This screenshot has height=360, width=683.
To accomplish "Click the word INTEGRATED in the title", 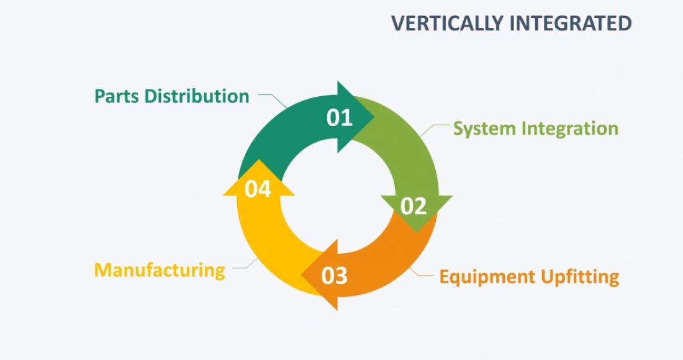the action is click(x=571, y=23).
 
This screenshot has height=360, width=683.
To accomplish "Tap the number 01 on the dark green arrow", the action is click(x=339, y=117).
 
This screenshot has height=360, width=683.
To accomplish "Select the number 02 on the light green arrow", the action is click(x=414, y=206).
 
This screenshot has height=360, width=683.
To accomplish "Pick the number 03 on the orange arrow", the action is click(x=335, y=276).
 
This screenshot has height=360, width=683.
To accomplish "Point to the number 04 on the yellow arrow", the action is click(x=258, y=189).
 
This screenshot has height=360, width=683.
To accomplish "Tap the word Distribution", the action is click(x=197, y=96).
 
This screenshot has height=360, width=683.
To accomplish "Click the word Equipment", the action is click(x=487, y=277).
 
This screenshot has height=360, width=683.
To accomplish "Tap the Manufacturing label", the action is click(x=160, y=271).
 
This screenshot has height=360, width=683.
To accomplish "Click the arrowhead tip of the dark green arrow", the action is click(x=374, y=117).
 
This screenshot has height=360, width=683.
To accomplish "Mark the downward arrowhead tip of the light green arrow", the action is click(x=417, y=232).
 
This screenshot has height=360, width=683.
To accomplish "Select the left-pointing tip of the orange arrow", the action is click(x=301, y=275).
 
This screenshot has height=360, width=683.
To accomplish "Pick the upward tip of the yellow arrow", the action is click(x=259, y=160).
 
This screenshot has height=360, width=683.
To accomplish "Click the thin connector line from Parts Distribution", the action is click(x=273, y=98).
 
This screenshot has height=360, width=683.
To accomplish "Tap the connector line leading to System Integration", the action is click(x=433, y=129).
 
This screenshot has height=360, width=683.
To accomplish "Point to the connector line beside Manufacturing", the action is click(x=246, y=264).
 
